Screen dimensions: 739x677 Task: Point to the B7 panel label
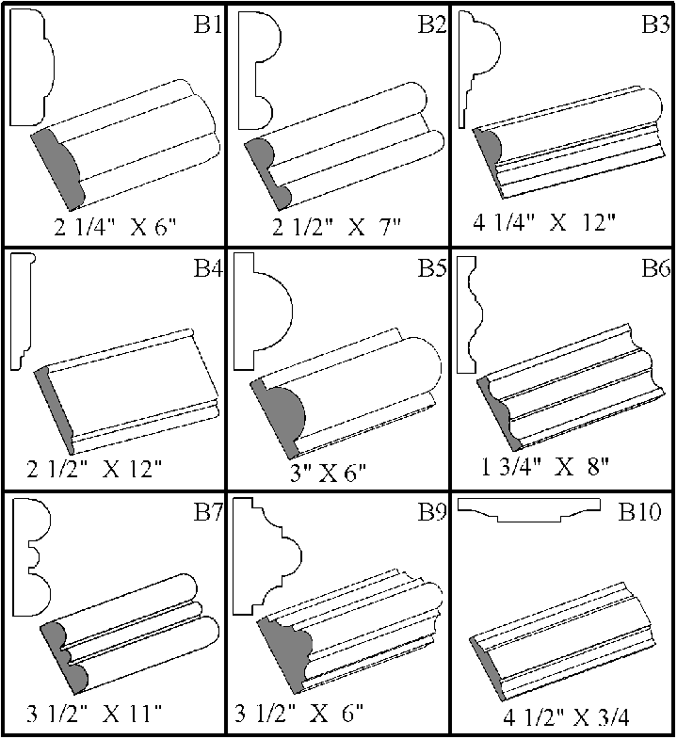pos(207,514)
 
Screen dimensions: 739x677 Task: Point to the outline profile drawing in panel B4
pos(20,311)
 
